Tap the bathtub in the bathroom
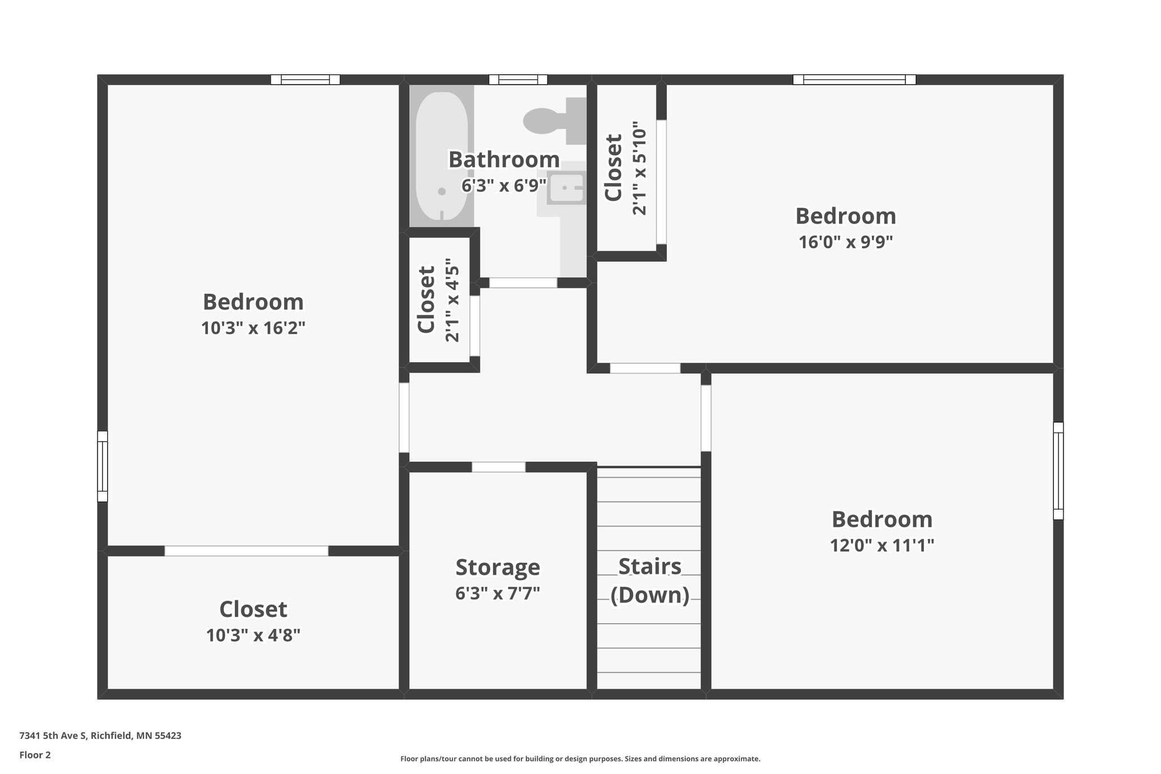442,156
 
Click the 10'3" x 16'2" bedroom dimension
253,328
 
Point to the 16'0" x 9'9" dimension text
845,243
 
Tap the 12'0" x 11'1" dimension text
882,545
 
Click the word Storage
497,567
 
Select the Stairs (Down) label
650,581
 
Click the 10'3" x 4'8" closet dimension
253,636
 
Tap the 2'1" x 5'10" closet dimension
639,168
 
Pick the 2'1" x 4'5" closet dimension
452,300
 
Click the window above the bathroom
518,79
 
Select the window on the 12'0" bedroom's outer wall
1058,471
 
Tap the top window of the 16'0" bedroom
854,79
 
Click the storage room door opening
498,467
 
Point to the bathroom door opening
523,282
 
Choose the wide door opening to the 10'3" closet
246,551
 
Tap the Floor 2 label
35,755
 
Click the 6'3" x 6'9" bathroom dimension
503,185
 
